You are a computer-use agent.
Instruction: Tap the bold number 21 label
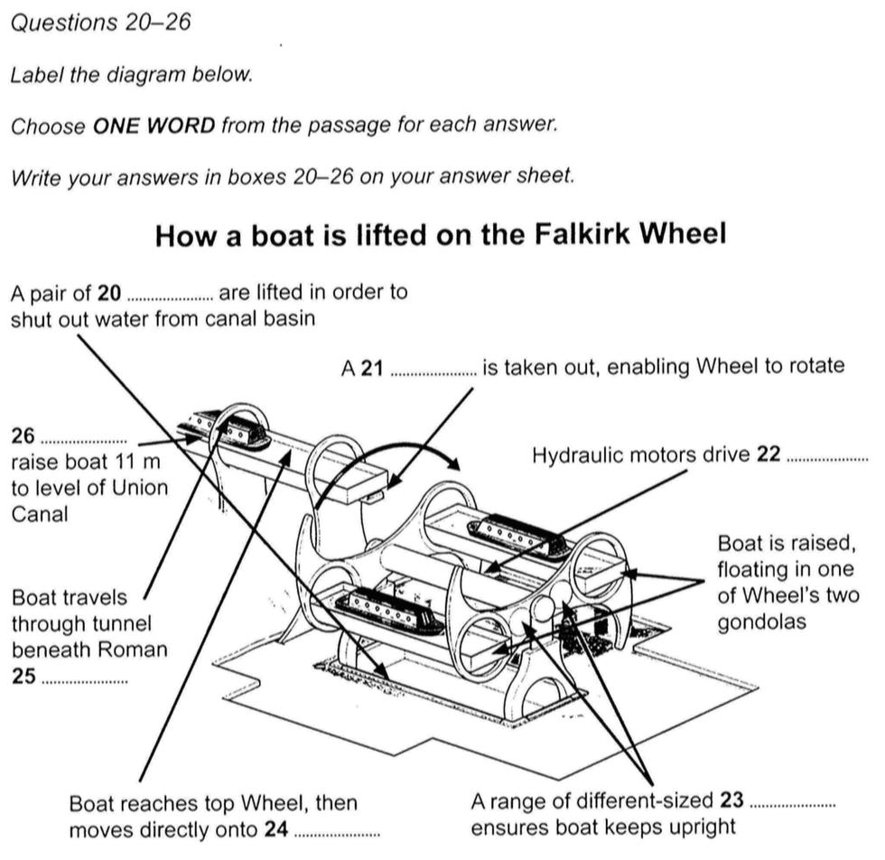[x=372, y=368]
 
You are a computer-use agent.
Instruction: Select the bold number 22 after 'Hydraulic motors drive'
[x=768, y=454]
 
